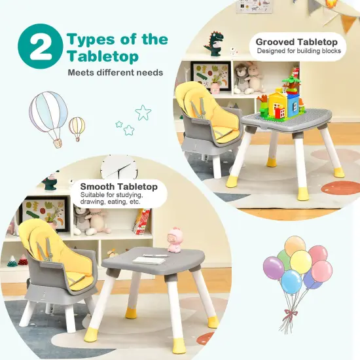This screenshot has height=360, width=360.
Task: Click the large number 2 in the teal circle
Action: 40,48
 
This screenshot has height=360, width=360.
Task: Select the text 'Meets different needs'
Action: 115,73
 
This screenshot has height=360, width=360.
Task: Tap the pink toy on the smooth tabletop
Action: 175,239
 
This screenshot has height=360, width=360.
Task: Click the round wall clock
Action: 119,169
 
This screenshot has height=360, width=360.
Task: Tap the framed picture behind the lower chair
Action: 45,213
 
